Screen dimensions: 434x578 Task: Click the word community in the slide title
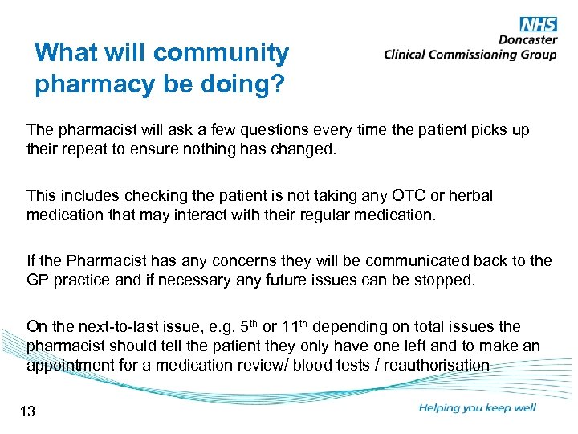coord(221,54)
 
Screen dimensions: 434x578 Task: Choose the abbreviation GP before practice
coord(38,280)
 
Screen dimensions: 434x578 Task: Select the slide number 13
coord(27,412)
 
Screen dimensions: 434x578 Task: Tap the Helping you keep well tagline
coord(477,408)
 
